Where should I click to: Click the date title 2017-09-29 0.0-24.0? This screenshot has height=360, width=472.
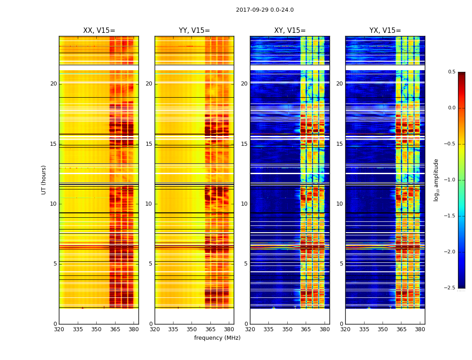point(265,10)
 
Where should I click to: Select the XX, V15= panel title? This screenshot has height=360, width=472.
point(99,31)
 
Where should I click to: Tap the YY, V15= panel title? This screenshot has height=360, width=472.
point(194,31)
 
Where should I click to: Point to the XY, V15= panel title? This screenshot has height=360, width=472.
point(290,31)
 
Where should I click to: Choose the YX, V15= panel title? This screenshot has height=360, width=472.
point(385,31)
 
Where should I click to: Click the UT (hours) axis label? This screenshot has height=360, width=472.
point(44,180)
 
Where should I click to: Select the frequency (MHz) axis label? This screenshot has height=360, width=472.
point(217,338)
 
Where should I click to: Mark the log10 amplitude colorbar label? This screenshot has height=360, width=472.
point(436,180)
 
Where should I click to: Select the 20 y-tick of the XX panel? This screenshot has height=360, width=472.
point(53,84)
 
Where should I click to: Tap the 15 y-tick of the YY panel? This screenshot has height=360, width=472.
point(149,144)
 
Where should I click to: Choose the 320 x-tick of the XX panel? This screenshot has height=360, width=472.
point(59,329)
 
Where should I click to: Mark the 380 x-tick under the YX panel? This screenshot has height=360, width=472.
point(420,329)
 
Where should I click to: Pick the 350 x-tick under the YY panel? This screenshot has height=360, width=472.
point(192,329)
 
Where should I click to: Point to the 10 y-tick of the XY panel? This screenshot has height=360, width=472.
point(244,204)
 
